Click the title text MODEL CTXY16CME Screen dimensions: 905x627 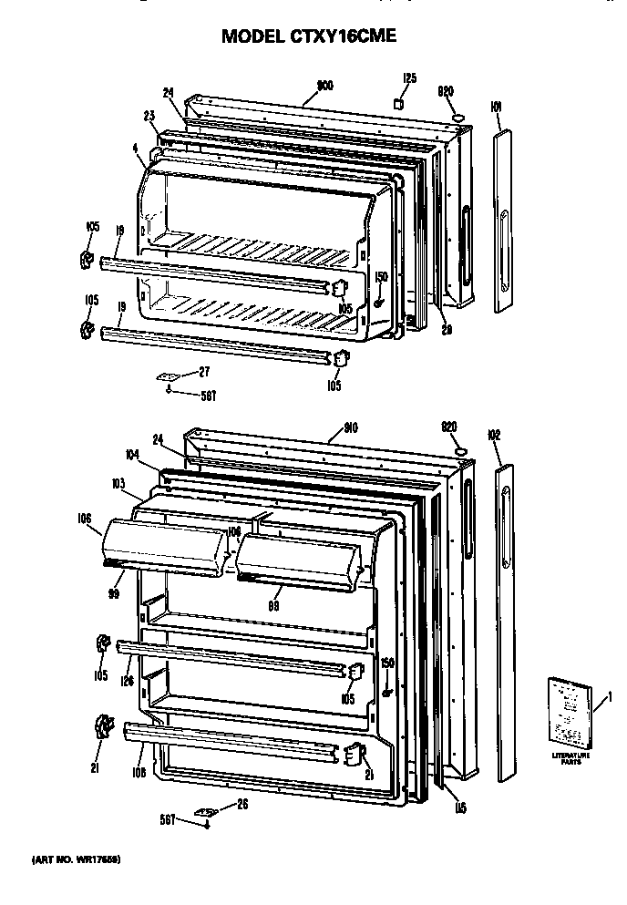pyautogui.click(x=310, y=37)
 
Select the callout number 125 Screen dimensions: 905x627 pyautogui.click(x=409, y=78)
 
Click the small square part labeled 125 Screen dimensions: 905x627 pyautogui.click(x=398, y=104)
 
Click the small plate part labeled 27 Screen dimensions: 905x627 pyautogui.click(x=168, y=374)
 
